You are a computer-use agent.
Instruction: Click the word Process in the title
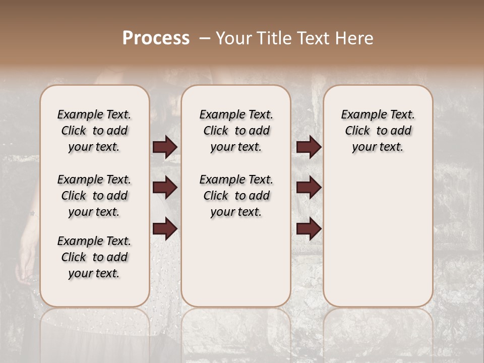pos(156,38)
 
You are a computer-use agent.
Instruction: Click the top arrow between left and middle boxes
pos(165,147)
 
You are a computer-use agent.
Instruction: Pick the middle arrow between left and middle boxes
pos(165,188)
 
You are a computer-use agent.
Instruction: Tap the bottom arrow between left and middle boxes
pos(165,228)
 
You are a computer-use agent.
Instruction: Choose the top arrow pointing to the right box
pos(309,147)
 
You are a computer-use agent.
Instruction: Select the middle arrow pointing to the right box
pos(309,188)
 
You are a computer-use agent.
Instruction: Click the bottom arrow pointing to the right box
pos(309,228)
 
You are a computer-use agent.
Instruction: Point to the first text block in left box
pos(94,131)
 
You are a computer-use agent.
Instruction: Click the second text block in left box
pos(94,196)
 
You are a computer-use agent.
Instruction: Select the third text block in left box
pos(94,257)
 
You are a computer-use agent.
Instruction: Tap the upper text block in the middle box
pos(236,131)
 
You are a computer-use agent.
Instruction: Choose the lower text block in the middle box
pos(236,196)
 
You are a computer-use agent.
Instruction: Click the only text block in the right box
pos(378,131)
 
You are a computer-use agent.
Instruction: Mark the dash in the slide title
pos(205,38)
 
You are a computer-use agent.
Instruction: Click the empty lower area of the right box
pos(378,237)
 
